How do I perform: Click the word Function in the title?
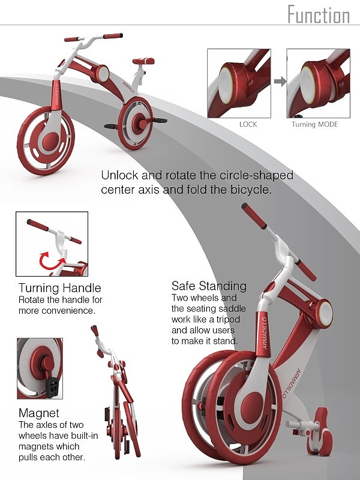[x=319, y=14]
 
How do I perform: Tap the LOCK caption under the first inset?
[x=248, y=125]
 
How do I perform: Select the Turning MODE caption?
[x=314, y=125]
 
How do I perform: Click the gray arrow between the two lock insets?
[x=280, y=81]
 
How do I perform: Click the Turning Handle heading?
[x=59, y=288]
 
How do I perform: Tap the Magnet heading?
[x=38, y=413]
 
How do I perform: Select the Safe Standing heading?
[x=209, y=286]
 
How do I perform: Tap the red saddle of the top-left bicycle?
[x=143, y=61]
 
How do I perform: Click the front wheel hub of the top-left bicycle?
[x=50, y=142]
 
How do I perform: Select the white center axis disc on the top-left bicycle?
[x=103, y=74]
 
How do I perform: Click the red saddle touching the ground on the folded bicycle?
[x=322, y=431]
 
